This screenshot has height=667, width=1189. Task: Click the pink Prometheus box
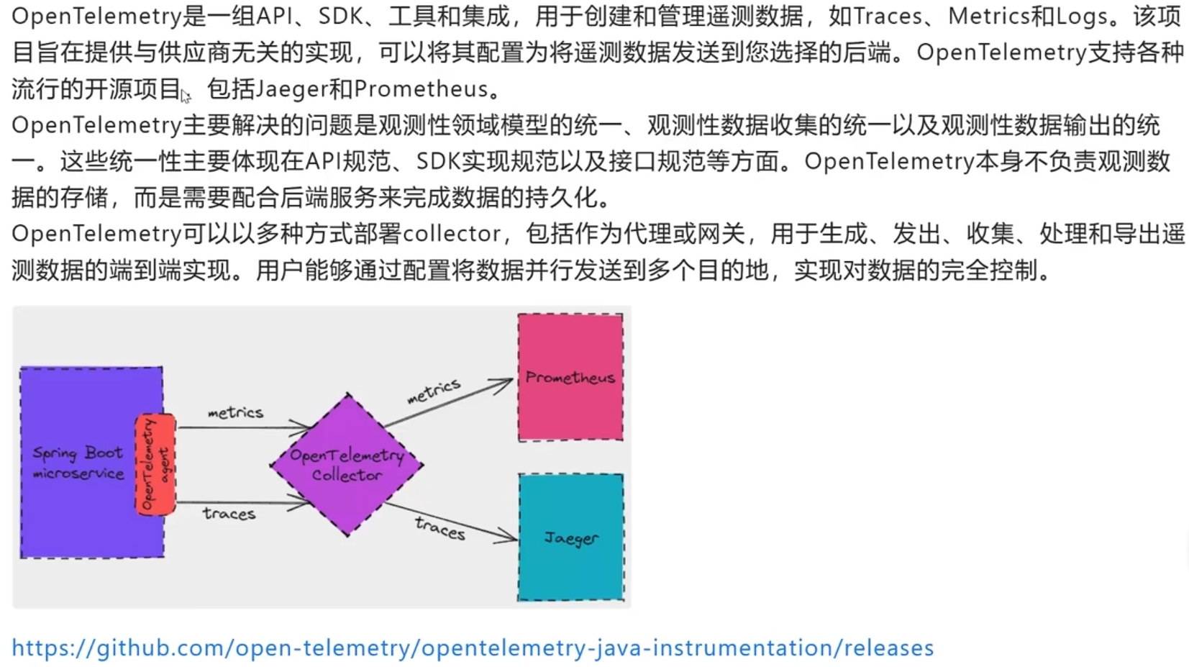570,377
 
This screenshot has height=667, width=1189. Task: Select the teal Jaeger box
571,537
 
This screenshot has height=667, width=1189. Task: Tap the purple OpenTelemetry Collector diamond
347,466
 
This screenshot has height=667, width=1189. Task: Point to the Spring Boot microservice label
78,463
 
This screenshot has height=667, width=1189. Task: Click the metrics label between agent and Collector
235,412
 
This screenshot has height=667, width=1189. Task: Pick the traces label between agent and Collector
229,514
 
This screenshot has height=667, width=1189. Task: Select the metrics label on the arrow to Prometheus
434,391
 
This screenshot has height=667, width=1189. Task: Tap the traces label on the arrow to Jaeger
440,528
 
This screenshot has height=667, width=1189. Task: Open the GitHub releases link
473,648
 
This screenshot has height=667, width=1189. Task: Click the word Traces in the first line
888,17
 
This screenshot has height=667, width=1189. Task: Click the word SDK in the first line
340,17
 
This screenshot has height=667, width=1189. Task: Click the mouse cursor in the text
185,96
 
